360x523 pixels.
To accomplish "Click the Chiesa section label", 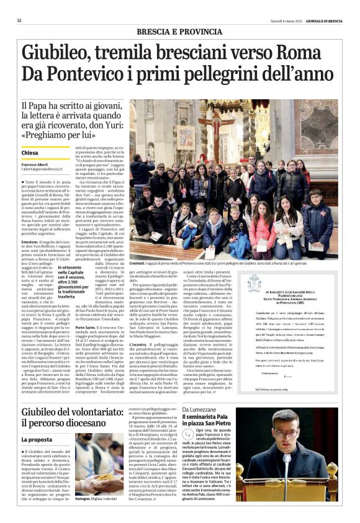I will [x=30, y=153].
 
